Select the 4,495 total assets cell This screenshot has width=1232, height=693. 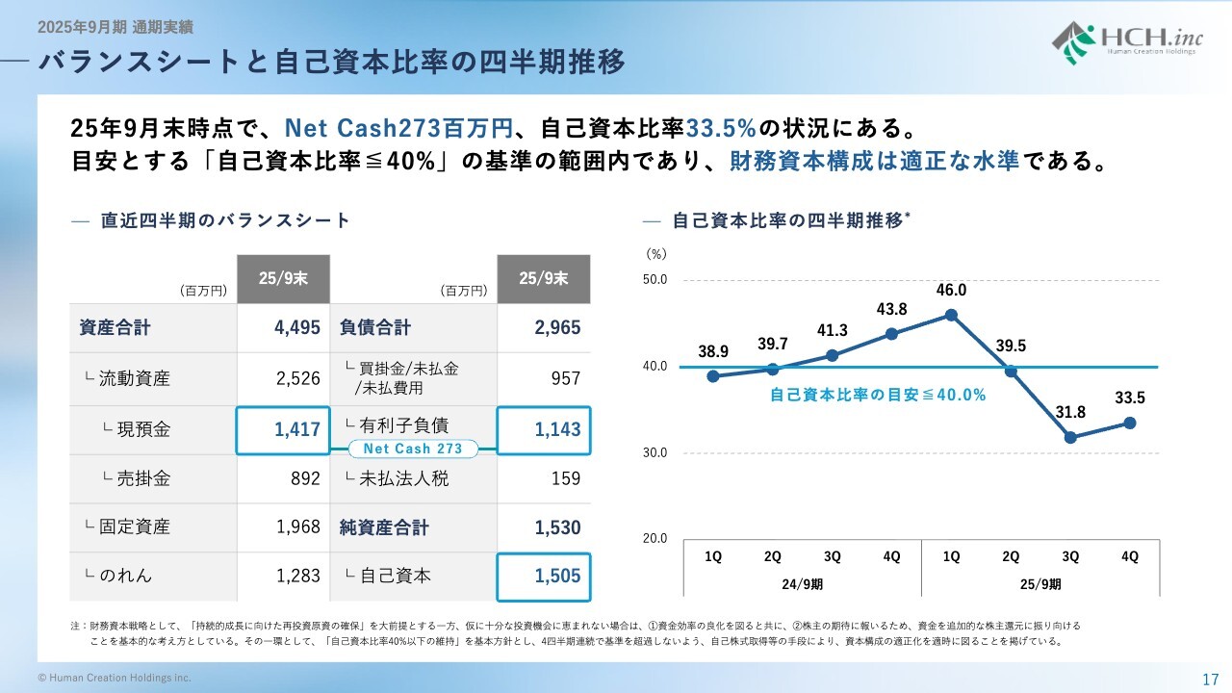[x=296, y=328]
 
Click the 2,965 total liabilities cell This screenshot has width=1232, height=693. [x=557, y=328]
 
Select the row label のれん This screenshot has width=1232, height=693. [x=125, y=576]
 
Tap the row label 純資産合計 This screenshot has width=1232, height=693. [x=384, y=527]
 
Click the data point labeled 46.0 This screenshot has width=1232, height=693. [x=951, y=315]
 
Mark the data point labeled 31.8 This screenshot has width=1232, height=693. [x=1070, y=438]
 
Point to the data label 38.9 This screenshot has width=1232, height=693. [x=712, y=352]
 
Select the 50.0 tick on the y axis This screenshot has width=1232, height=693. [x=655, y=280]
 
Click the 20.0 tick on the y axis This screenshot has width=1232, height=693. [x=655, y=539]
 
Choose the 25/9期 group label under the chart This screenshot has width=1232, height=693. [x=1040, y=583]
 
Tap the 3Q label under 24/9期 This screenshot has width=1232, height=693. [x=832, y=556]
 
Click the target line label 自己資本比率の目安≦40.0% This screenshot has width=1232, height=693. [x=878, y=395]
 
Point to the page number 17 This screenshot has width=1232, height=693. [x=1211, y=678]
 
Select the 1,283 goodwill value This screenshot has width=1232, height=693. [x=296, y=576]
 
